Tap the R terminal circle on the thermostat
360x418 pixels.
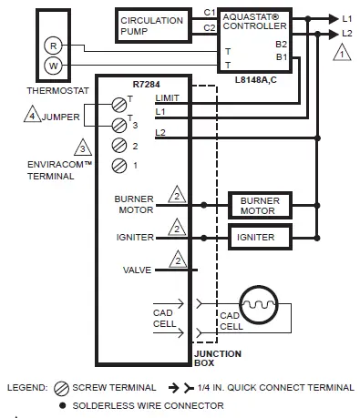(53, 46)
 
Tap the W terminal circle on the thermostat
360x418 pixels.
(53, 65)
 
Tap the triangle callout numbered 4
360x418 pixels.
(32, 117)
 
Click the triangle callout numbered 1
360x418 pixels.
(340, 54)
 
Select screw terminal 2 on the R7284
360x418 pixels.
(118, 145)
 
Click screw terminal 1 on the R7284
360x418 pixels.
(118, 165)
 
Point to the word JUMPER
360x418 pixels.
(60, 117)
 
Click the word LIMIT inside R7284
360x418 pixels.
(168, 97)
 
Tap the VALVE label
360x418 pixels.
(137, 269)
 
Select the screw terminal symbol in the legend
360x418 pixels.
(64, 387)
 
